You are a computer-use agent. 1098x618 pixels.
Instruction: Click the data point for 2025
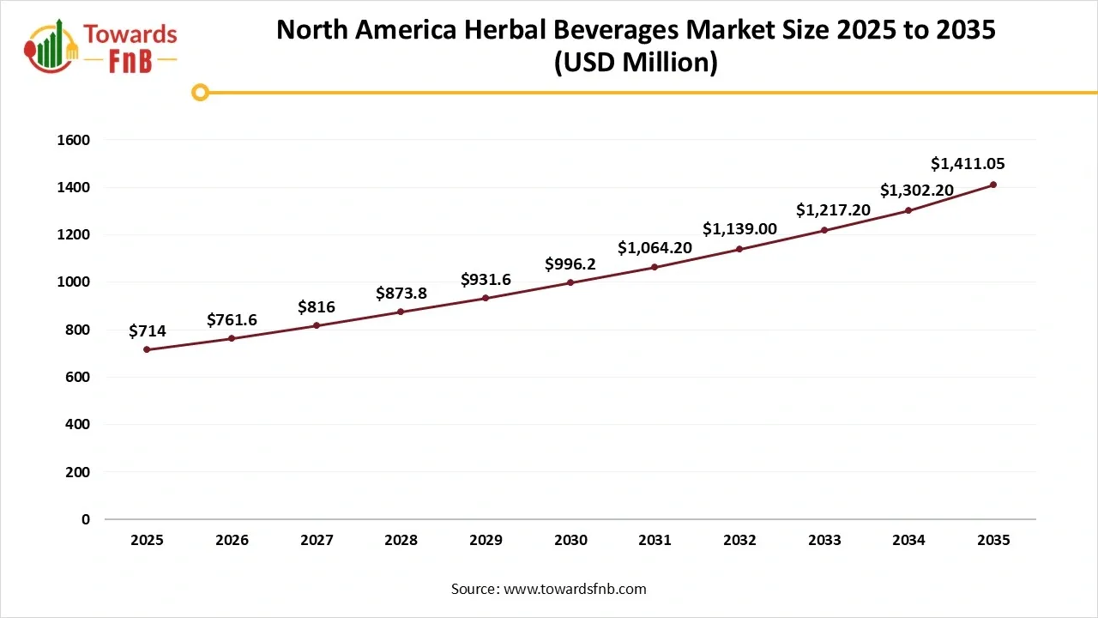point(147,349)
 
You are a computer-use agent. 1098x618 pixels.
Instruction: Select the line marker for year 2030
point(570,282)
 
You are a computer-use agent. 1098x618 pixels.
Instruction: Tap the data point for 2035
point(993,185)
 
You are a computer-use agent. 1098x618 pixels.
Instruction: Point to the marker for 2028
point(401,312)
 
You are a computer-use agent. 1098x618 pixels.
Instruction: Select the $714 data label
point(148,330)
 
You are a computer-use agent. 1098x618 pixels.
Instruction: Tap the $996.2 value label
point(570,264)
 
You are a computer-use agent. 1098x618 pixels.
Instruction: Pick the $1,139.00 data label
point(739,228)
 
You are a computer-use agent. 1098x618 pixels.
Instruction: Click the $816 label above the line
point(317,307)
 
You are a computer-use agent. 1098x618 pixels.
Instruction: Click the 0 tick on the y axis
point(86,519)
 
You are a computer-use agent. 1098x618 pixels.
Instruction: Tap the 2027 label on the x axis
point(317,541)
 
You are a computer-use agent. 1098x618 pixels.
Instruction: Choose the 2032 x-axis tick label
point(739,541)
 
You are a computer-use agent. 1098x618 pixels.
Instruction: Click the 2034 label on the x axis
point(908,541)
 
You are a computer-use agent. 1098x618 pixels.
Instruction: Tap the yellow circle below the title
point(200,92)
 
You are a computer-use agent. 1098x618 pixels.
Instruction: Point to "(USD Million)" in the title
point(636,63)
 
